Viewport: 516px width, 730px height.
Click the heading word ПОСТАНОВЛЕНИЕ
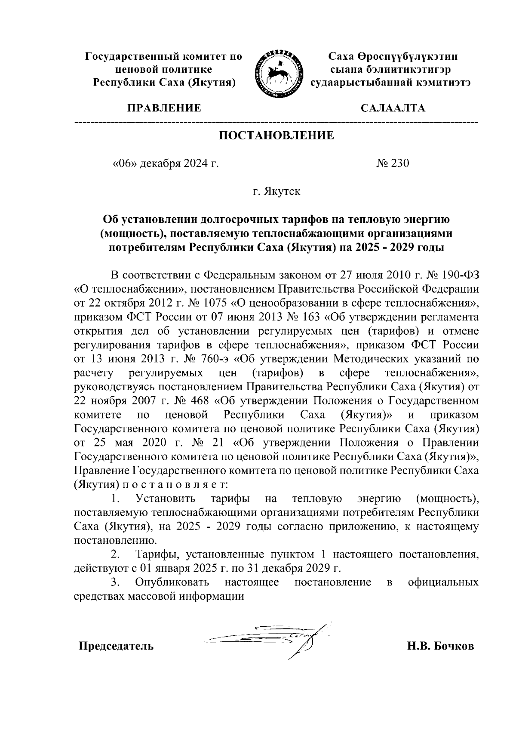276,136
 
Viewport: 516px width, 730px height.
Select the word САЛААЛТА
393,108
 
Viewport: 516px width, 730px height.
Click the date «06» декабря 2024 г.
165,163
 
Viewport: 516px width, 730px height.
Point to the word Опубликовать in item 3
172,582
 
